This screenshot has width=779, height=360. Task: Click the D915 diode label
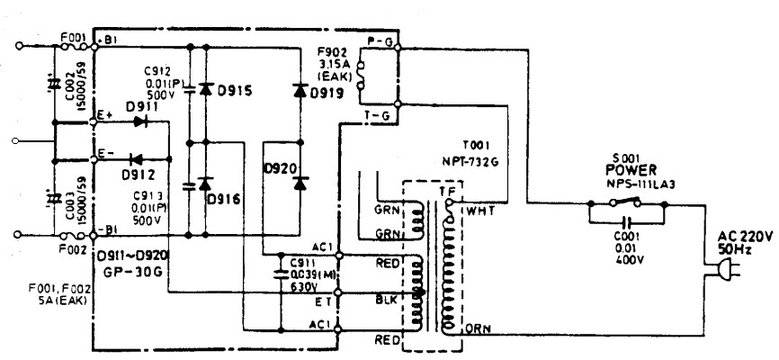click(x=234, y=92)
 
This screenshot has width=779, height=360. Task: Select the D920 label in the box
click(x=280, y=168)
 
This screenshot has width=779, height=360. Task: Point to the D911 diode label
click(x=142, y=107)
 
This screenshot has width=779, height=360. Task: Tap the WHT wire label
click(x=478, y=211)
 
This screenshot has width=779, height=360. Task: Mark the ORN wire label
click(x=478, y=329)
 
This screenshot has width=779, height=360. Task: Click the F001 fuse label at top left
click(x=74, y=39)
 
